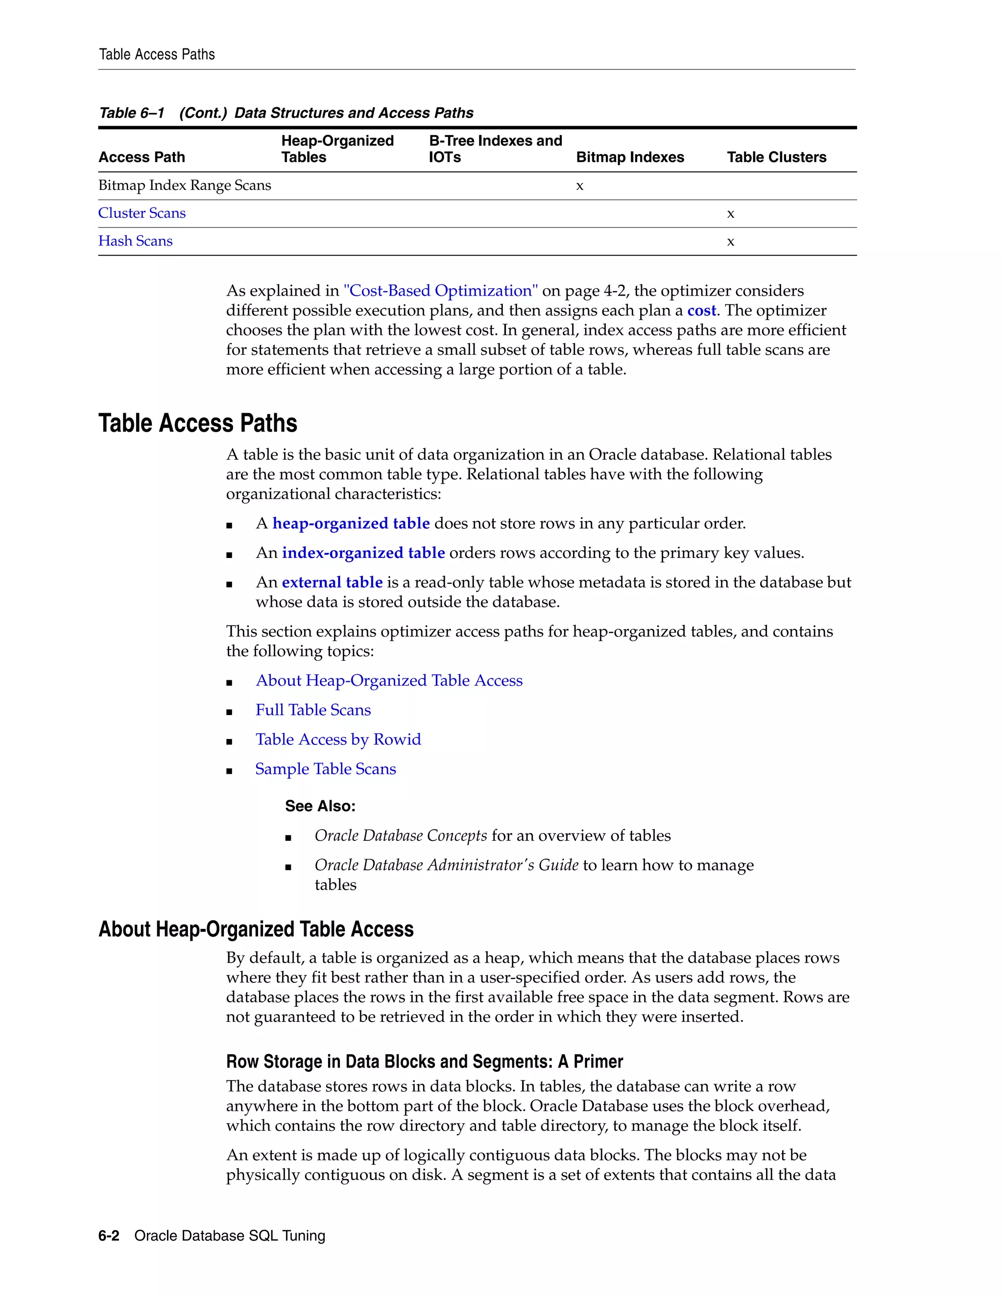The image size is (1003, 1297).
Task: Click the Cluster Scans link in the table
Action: tap(142, 213)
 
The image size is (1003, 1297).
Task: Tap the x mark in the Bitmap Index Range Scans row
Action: tap(579, 186)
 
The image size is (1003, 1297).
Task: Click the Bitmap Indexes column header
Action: tap(630, 158)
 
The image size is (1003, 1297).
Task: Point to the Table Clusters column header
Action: tap(776, 158)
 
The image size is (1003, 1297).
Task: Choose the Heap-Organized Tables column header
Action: tap(337, 149)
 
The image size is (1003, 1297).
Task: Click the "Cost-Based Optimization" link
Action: tap(440, 291)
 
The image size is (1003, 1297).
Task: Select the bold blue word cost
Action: tap(701, 311)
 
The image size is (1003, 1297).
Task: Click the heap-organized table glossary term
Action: tap(351, 523)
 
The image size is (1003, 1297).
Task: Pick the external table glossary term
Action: tap(332, 582)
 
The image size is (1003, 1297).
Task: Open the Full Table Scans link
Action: tap(312, 710)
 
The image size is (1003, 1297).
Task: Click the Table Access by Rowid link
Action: tap(337, 740)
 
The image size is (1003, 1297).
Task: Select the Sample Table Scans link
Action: tap(325, 769)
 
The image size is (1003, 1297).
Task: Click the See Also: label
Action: tap(320, 806)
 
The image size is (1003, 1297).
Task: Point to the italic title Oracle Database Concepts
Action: tap(401, 835)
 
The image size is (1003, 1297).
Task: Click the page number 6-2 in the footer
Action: tap(109, 1236)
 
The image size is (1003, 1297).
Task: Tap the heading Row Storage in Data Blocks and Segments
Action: tap(424, 1061)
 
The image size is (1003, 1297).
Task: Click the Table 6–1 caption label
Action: tap(131, 113)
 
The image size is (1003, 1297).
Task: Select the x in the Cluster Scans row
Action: tap(730, 214)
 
